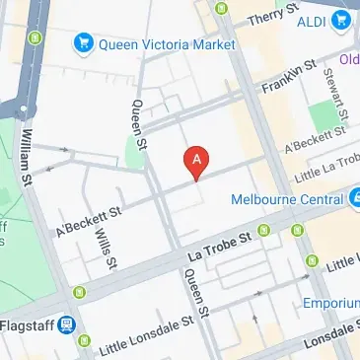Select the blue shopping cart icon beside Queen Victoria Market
pyautogui.click(x=83, y=44)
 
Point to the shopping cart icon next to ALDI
pyautogui.click(x=341, y=19)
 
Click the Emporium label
pyautogui.click(x=330, y=303)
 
